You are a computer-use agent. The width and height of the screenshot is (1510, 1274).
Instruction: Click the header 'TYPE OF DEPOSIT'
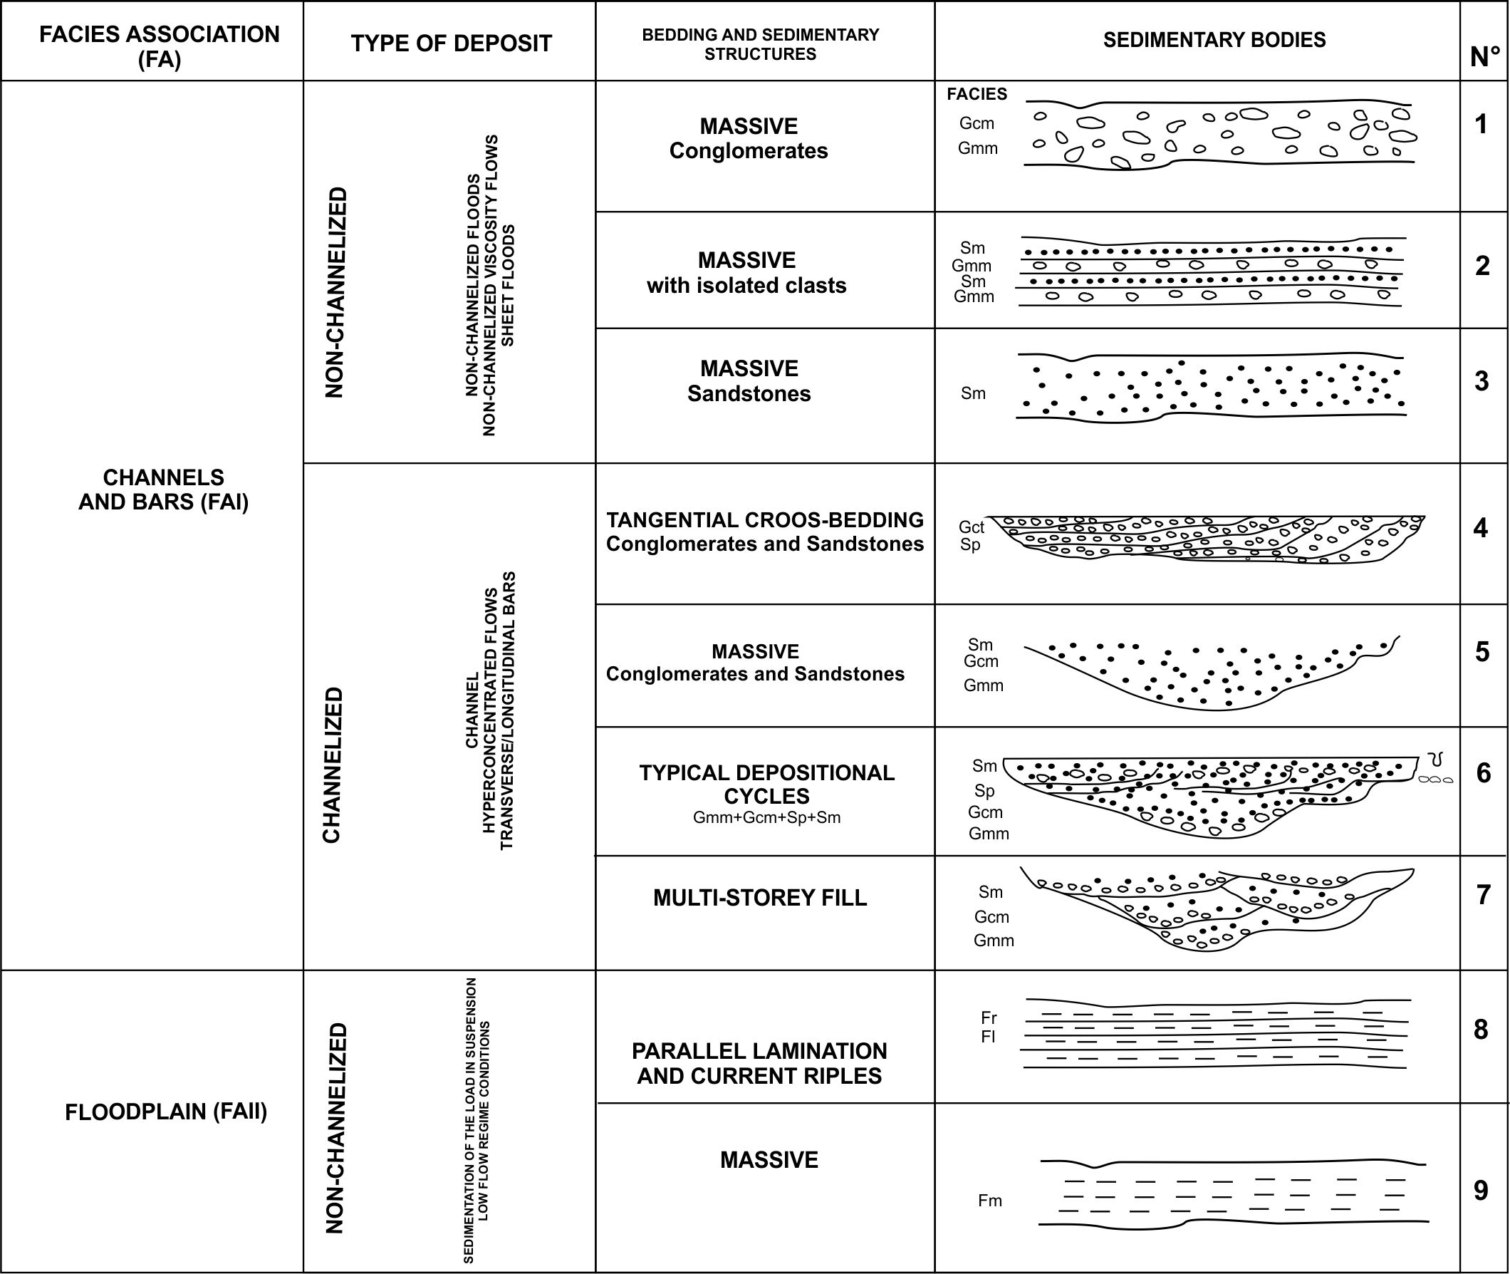point(451,43)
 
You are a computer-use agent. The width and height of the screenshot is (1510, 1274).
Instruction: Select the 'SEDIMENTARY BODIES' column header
point(1214,40)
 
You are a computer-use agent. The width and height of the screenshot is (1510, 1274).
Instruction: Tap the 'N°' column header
point(1484,57)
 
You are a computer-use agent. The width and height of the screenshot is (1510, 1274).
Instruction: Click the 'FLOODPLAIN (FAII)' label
point(166,1112)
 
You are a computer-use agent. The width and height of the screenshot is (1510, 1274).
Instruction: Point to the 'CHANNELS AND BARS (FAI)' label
point(163,489)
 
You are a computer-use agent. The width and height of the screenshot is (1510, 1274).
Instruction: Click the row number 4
point(1480,528)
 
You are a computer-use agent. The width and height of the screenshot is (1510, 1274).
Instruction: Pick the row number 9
point(1480,1190)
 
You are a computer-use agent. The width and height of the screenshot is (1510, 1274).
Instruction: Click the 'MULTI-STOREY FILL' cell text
point(760,897)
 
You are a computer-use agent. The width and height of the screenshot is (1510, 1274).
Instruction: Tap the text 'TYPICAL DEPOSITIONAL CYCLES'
point(766,784)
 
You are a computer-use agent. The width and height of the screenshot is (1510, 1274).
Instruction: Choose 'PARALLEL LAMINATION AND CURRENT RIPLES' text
point(759,1063)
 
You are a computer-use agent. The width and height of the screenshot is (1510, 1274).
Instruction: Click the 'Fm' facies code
point(989,1201)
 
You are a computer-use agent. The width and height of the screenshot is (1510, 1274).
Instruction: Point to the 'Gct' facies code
point(972,527)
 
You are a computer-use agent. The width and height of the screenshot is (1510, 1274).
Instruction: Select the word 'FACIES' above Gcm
point(977,94)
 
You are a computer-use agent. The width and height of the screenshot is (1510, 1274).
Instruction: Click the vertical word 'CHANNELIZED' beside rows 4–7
point(331,765)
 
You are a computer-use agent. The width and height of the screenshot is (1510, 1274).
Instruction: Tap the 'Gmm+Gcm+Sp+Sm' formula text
point(766,818)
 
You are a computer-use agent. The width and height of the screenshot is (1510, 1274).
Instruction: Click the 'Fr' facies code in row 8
point(988,1017)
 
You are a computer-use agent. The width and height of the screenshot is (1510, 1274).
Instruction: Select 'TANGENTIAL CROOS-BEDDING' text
point(764,520)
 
